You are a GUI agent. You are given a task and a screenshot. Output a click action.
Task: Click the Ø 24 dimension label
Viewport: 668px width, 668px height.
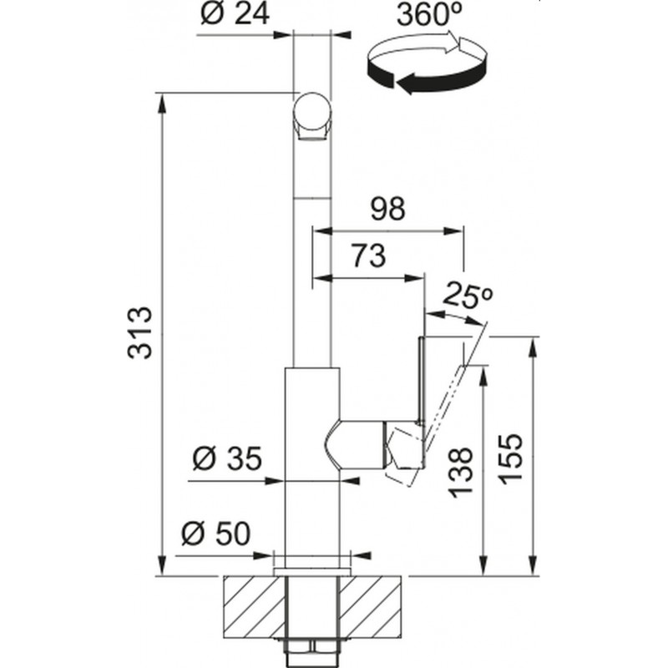point(235,15)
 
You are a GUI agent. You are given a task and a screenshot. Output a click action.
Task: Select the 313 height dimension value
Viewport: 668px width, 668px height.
point(139,332)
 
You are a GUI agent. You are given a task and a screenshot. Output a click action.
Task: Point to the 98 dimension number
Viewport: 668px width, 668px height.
point(387,209)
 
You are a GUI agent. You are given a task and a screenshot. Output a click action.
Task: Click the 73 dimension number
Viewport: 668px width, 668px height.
point(369,256)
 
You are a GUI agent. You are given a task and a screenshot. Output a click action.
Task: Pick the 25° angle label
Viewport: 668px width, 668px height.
point(468,295)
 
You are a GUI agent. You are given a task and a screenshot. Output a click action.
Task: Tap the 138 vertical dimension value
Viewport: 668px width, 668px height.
point(461,472)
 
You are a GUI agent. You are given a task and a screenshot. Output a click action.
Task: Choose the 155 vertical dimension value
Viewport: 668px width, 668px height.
point(510,458)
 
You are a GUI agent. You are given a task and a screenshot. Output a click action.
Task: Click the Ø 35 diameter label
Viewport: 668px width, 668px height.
point(226,458)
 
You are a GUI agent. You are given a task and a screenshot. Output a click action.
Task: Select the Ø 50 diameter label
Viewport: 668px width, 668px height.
point(216,534)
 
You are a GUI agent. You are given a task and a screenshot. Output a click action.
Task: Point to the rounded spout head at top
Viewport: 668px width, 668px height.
point(311,116)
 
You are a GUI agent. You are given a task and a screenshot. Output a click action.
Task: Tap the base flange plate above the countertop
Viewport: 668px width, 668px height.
point(311,571)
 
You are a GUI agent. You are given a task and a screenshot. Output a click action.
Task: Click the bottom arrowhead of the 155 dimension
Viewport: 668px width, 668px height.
point(533,565)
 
